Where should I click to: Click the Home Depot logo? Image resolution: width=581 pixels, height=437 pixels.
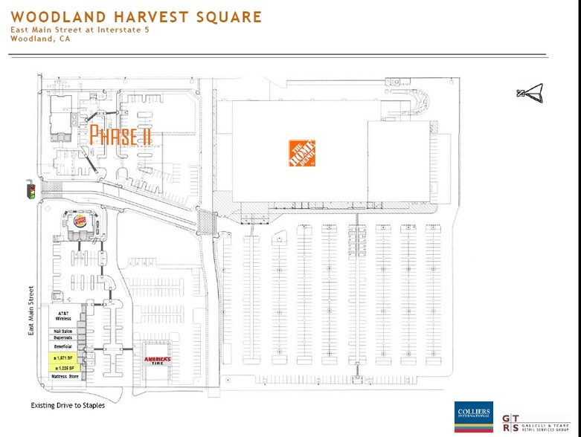pyautogui.click(x=303, y=152)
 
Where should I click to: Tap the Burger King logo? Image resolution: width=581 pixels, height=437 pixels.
pyautogui.click(x=80, y=222)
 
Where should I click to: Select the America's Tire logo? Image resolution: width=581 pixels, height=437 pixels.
pyautogui.click(x=157, y=361)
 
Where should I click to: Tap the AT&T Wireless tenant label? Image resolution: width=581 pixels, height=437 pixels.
pyautogui.click(x=63, y=317)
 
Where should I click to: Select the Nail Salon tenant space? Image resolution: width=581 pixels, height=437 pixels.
pyautogui.click(x=63, y=331)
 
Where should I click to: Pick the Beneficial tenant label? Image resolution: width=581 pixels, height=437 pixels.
pyautogui.click(x=63, y=346)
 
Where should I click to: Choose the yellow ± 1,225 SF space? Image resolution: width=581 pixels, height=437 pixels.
pyautogui.click(x=63, y=368)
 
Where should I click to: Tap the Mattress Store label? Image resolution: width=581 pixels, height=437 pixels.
pyautogui.click(x=63, y=378)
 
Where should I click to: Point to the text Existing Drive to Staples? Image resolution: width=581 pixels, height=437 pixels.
pyautogui.click(x=68, y=406)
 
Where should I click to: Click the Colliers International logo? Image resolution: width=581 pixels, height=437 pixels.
pyautogui.click(x=473, y=417)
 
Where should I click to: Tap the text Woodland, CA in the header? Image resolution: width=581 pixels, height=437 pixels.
pyautogui.click(x=34, y=39)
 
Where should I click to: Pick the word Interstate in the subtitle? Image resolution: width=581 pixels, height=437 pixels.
pyautogui.click(x=109, y=30)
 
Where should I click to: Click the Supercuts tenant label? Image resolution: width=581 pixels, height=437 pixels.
pyautogui.click(x=63, y=337)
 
